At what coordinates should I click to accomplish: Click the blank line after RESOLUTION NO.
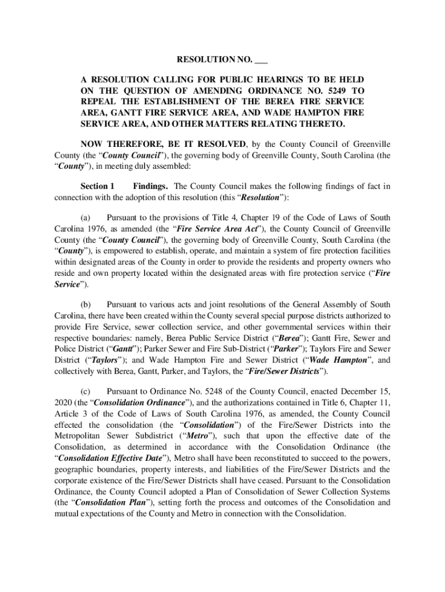pyautogui.click(x=261, y=61)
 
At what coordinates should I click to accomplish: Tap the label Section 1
pyautogui.click(x=97, y=186)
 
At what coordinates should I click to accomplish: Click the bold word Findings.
pyautogui.click(x=150, y=186)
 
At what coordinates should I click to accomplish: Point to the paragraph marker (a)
pyautogui.click(x=86, y=218)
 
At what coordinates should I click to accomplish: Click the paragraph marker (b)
pyautogui.click(x=86, y=305)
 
